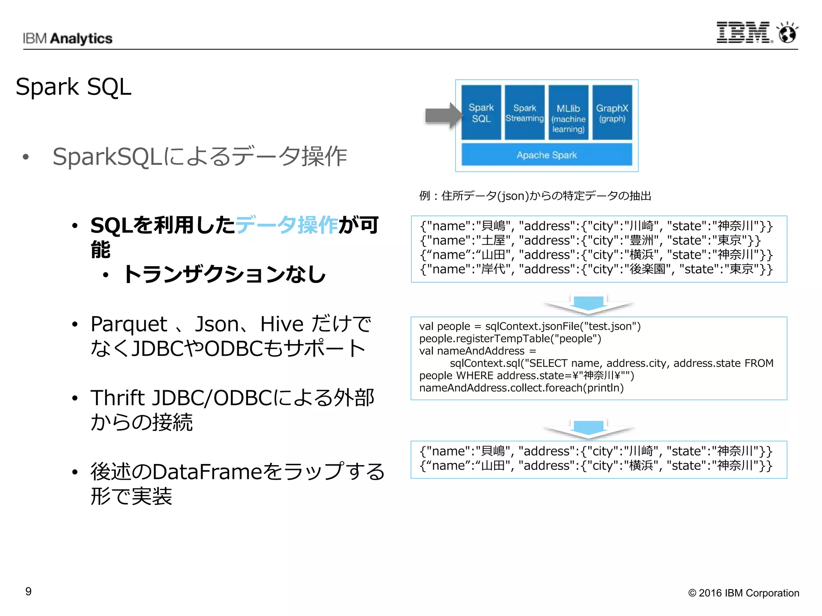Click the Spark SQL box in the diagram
481,113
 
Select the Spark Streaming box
525,113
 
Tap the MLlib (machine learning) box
568,113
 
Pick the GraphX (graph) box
612,113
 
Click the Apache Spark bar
547,155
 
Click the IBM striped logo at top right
743,32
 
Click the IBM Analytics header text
67,38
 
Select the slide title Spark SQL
73,87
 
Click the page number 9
28,591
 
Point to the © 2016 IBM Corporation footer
743,593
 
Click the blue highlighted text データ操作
287,225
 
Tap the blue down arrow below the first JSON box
588,304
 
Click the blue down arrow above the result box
588,428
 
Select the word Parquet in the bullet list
128,324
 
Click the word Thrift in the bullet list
117,398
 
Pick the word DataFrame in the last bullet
207,472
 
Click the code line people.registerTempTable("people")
510,338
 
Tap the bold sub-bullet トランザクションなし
224,275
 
